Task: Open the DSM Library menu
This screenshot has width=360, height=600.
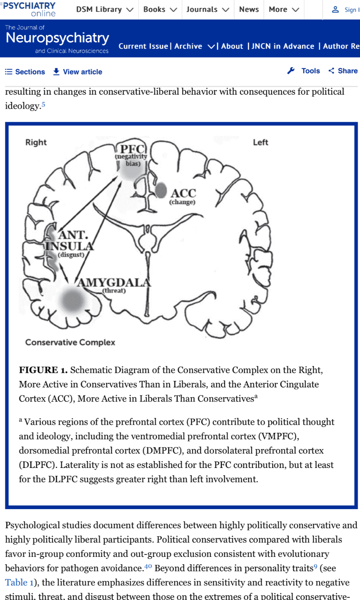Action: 104,10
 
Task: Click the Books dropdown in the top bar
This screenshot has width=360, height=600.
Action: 160,10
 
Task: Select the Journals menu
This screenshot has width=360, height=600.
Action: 207,10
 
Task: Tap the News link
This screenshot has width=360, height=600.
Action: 249,10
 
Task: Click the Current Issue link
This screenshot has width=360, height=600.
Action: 143,46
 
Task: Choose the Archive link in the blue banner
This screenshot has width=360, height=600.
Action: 188,46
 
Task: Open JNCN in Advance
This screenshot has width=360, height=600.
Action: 283,46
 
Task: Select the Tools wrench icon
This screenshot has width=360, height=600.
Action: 291,71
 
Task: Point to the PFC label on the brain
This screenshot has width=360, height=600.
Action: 132,149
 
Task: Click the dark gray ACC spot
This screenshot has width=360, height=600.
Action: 161,190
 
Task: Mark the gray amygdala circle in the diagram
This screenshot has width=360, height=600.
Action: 73,300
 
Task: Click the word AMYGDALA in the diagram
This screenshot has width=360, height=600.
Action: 115,282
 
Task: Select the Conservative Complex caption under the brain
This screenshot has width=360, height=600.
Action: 70,342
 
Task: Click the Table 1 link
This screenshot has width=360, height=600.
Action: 19,582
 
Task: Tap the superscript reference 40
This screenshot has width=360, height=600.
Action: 148,566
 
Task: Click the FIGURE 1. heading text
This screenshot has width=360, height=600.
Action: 43,370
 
